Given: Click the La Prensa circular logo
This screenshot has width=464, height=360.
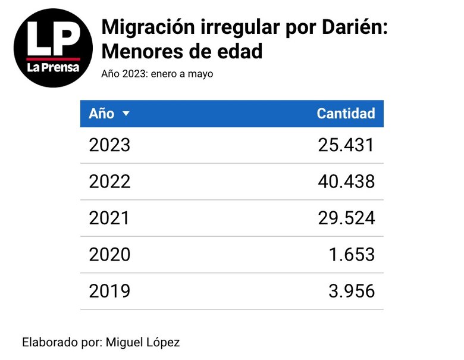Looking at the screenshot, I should (x=54, y=48).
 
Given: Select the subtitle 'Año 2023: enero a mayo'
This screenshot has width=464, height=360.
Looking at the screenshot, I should (x=157, y=74).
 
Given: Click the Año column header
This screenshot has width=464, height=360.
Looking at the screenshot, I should (x=102, y=114).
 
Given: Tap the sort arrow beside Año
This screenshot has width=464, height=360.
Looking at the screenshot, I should (x=126, y=114).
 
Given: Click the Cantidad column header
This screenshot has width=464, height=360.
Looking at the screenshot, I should (x=346, y=114).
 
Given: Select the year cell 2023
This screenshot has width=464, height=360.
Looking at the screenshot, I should (x=109, y=145).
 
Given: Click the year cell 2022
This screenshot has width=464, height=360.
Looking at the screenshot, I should (x=109, y=181).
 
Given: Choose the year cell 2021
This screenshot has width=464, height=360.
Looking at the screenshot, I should (x=109, y=218).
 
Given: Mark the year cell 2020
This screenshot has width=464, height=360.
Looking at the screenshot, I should (x=109, y=255).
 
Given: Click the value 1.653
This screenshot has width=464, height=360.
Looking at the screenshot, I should (x=352, y=255).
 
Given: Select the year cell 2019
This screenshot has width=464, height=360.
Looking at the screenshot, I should (x=109, y=291).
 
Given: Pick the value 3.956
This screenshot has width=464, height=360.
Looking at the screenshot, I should (x=352, y=291).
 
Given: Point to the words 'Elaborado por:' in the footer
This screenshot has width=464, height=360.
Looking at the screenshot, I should (x=61, y=342).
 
